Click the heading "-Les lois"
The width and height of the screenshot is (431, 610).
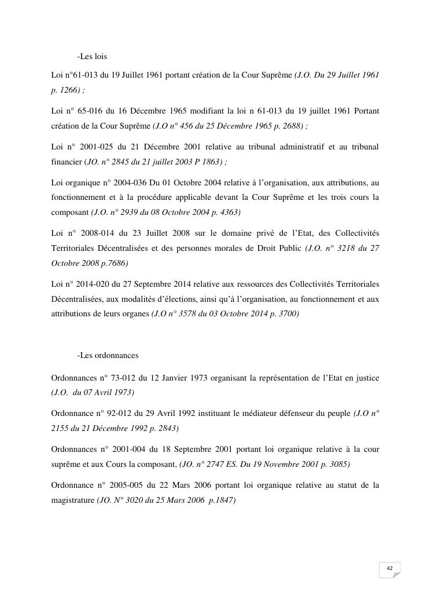[92, 57]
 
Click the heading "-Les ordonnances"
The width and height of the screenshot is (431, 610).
[108, 355]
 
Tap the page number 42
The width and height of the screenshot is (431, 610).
[389, 568]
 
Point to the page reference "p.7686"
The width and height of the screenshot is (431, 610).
[112, 263]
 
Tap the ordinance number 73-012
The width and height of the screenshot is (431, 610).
[120, 378]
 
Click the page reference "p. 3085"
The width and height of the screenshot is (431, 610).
[333, 465]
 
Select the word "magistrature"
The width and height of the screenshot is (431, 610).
[73, 500]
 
